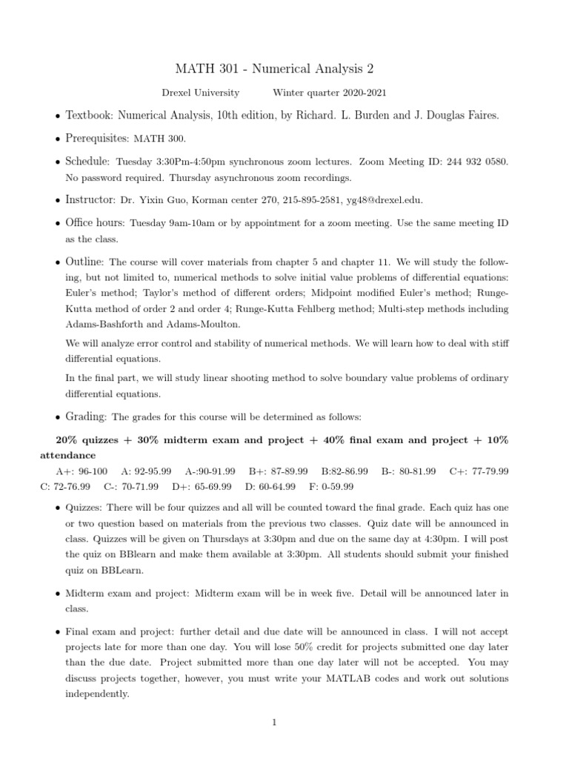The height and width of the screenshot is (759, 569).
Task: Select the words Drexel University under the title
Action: pyautogui.click(x=200, y=93)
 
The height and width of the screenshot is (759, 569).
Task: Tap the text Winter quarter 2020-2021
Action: pyautogui.click(x=329, y=93)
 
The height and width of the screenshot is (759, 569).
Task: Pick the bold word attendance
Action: pyautogui.click(x=67, y=455)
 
